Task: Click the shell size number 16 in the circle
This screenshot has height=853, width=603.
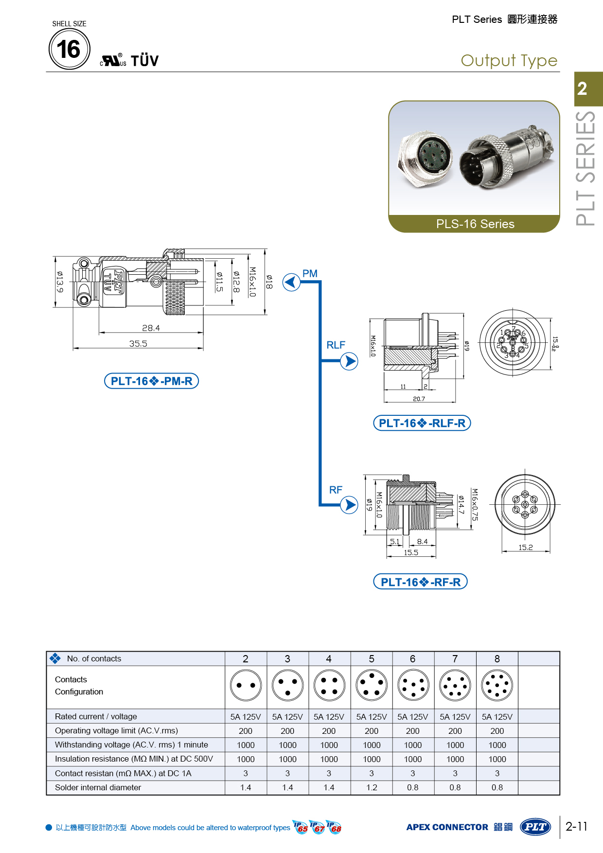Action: (x=69, y=49)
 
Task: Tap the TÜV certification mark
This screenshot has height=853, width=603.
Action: (x=144, y=61)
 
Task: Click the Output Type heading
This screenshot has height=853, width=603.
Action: (x=509, y=61)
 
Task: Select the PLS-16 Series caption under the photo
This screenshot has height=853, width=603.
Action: (x=475, y=224)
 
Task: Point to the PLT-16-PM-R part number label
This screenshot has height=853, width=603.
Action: (x=152, y=381)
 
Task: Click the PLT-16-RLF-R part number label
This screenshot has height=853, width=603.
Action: (x=422, y=423)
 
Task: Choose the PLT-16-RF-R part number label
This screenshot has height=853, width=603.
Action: (x=420, y=582)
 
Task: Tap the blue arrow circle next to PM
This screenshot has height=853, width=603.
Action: (x=291, y=282)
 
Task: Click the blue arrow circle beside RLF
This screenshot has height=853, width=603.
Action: (x=349, y=361)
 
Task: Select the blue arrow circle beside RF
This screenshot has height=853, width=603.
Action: (x=349, y=505)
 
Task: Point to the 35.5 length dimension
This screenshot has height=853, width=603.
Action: (x=138, y=344)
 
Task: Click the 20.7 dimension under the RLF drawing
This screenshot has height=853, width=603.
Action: (x=419, y=399)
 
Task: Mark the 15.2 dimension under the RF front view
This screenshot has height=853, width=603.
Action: (x=525, y=548)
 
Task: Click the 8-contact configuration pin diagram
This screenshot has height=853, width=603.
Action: (x=497, y=685)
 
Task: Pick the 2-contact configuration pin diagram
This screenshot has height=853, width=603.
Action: (x=246, y=685)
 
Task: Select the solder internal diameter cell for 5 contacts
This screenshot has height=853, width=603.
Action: (x=372, y=787)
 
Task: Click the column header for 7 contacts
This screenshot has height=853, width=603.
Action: (x=455, y=658)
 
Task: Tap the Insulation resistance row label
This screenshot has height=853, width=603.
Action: (x=134, y=759)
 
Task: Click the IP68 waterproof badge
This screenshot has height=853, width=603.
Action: (x=335, y=827)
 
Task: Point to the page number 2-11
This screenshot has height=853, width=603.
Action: (x=576, y=826)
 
